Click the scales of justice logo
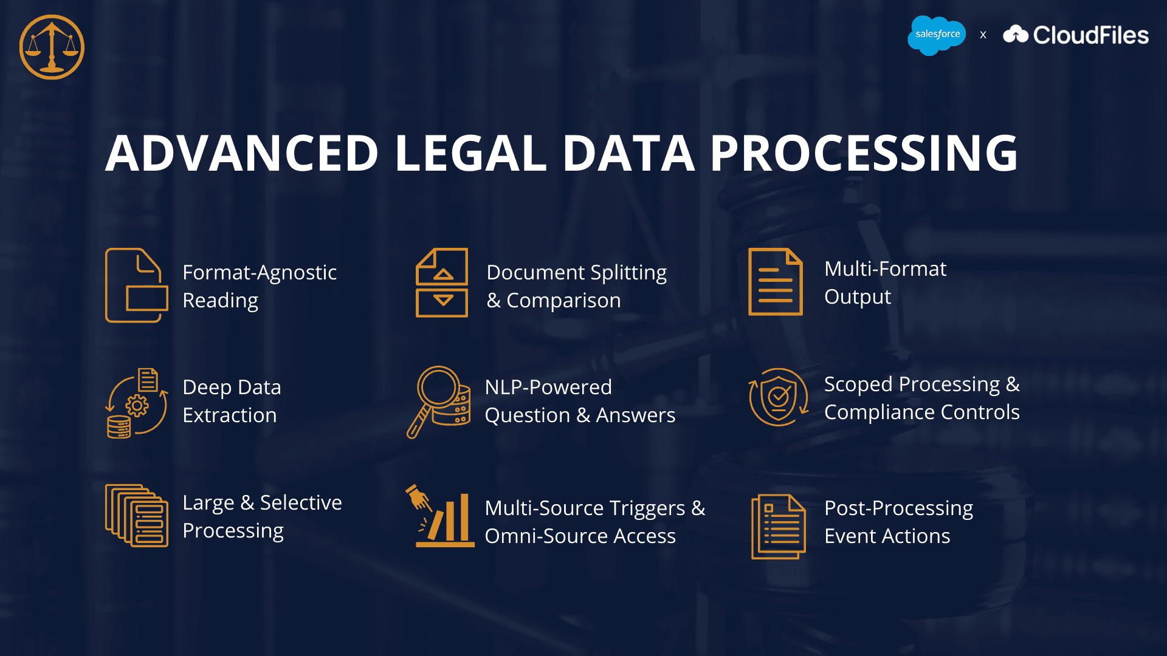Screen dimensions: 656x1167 pos(52,47)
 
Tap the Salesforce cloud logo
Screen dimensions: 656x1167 pos(937,35)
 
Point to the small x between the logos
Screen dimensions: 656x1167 pos(983,35)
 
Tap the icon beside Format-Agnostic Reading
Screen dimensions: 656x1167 pos(136,285)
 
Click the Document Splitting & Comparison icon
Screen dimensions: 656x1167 pos(442,282)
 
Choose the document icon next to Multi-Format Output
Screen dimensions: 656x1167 pos(775,282)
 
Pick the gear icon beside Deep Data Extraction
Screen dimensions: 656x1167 pos(137,405)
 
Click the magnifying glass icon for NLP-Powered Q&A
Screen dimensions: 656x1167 pos(438,401)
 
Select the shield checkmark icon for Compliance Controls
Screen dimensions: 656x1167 pos(779,397)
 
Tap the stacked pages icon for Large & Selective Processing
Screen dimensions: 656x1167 pos(137,516)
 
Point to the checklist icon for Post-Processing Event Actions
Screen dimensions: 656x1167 pos(779,526)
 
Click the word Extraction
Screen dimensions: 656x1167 pos(230,415)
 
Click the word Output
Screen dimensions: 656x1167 pos(857,297)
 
